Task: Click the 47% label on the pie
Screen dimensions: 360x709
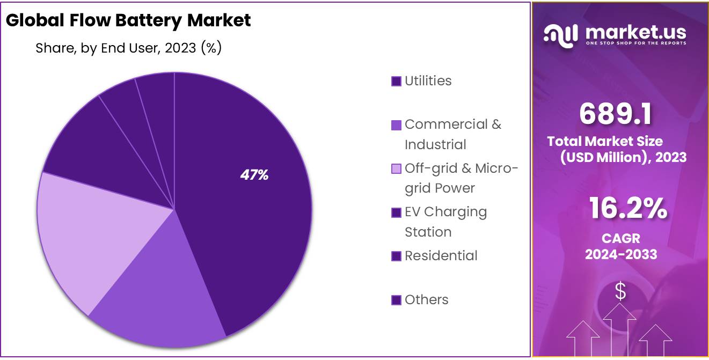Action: coord(254,175)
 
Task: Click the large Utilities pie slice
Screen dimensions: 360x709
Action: coord(252,215)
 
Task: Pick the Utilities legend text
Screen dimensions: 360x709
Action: coord(428,81)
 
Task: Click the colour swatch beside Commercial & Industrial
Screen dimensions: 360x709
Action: coord(396,125)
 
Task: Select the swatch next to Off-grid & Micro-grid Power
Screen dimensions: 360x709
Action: coord(396,169)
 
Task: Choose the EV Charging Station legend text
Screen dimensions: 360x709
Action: coord(445,222)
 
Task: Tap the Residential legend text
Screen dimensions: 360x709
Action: coord(441,256)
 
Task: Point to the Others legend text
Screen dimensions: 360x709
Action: coord(426,300)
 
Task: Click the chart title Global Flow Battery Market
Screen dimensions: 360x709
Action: coord(128,20)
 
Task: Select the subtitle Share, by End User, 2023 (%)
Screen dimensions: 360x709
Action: coord(129,48)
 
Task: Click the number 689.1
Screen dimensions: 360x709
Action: coord(616,114)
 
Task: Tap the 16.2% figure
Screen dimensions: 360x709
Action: coord(628,208)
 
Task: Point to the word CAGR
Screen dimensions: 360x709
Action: coord(620,239)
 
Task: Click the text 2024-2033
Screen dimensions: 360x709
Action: coord(621,254)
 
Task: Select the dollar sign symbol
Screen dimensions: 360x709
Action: coord(620,292)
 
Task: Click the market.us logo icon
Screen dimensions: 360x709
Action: coord(560,35)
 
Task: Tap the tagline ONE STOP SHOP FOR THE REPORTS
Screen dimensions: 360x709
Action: coord(635,42)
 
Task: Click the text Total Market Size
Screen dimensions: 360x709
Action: coord(605,142)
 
